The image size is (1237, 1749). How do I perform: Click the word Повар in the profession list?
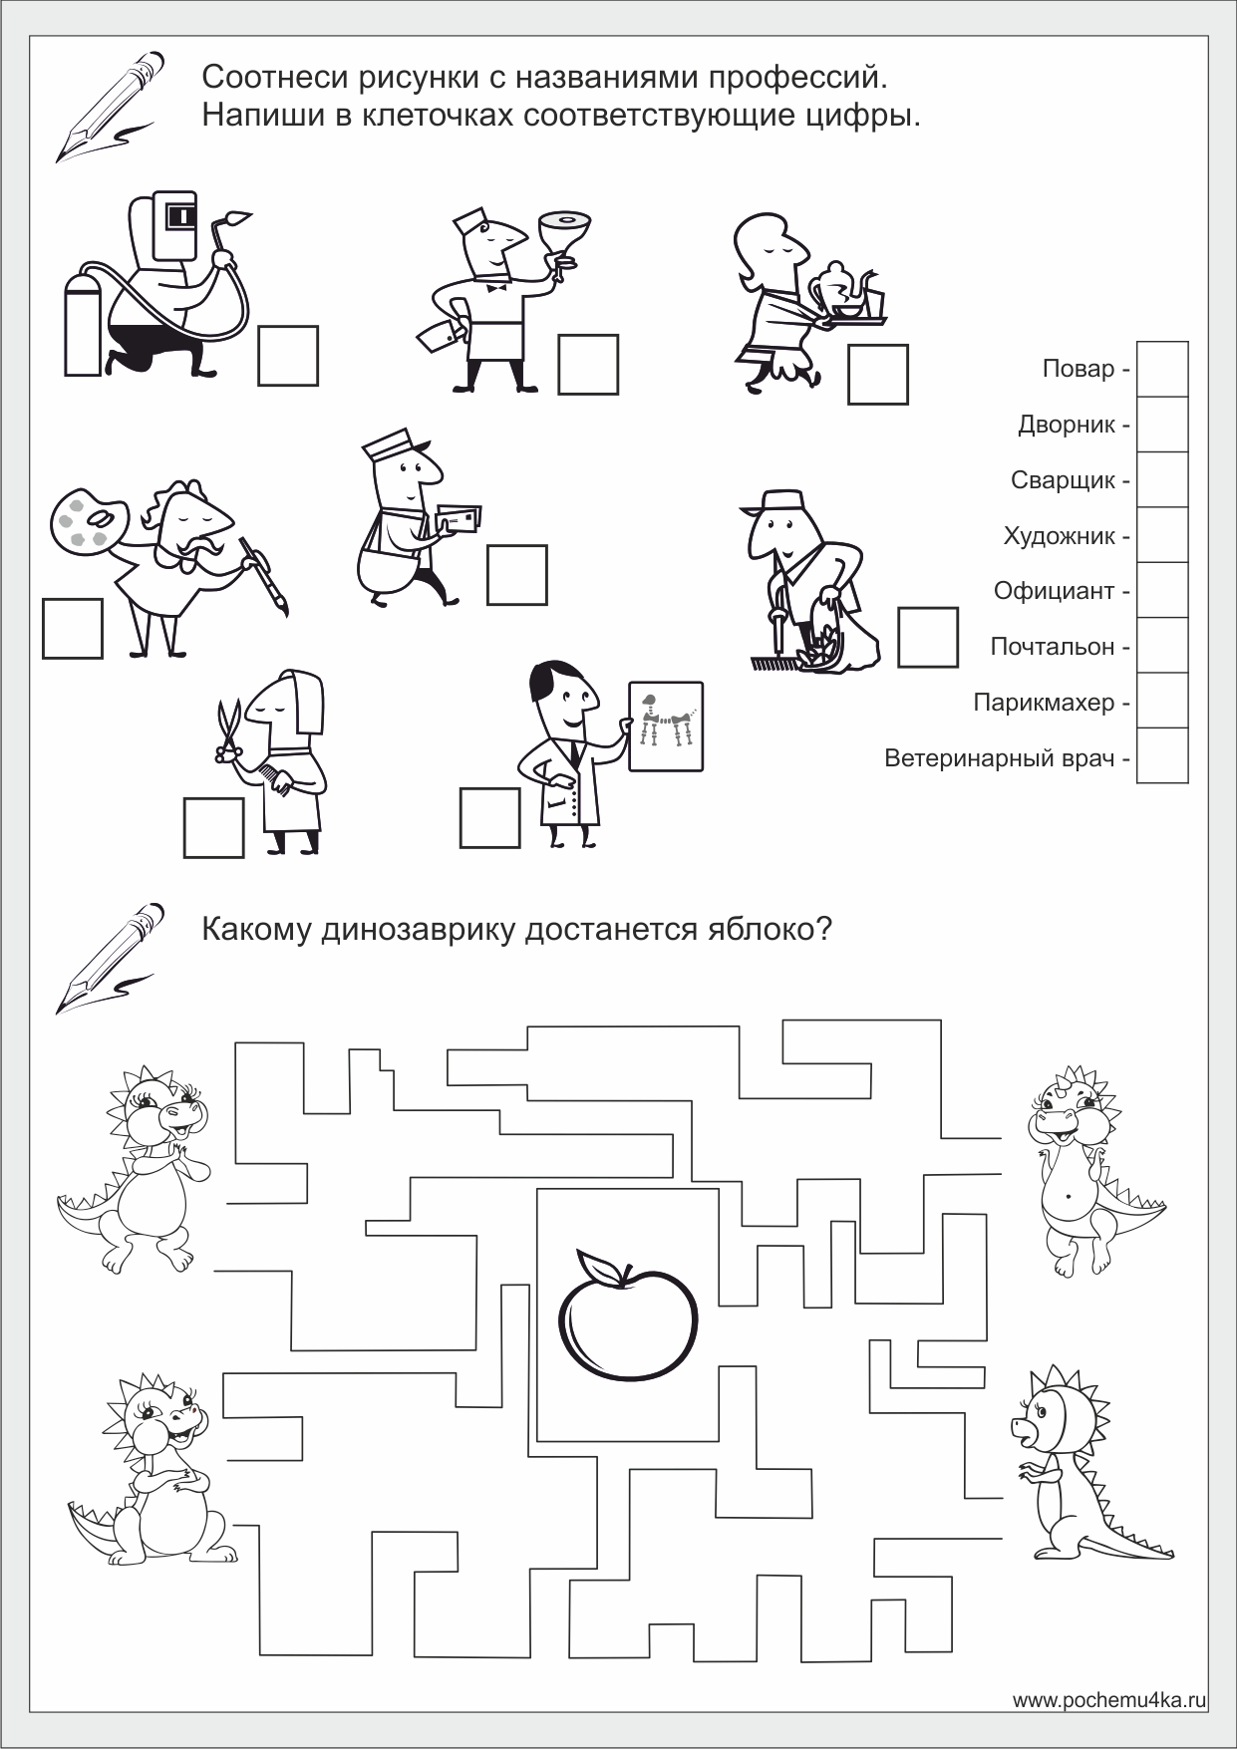1078,369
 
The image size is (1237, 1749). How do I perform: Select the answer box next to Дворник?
1162,425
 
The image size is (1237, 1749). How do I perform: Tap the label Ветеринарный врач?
999,758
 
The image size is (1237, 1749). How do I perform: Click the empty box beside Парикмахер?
1162,701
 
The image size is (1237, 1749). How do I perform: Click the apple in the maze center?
627,1312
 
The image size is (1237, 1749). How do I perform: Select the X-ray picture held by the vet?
666,726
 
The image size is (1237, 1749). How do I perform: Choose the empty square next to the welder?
288,356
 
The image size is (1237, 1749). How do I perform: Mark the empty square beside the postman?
517,575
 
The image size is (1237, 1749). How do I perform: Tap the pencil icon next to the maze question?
110,957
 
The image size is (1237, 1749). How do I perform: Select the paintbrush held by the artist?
265,575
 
